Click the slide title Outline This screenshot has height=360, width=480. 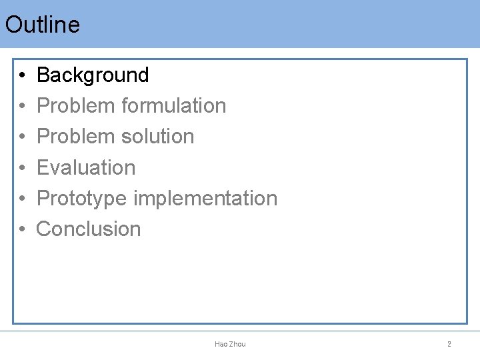(x=42, y=25)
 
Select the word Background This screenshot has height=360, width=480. (x=93, y=75)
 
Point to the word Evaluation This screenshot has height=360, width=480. (x=86, y=167)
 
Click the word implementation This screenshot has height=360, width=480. (x=205, y=198)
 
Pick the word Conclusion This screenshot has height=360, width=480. (x=89, y=229)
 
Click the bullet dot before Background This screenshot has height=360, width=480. (x=22, y=75)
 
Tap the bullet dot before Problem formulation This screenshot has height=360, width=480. (x=22, y=106)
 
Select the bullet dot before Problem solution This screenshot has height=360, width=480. (x=22, y=137)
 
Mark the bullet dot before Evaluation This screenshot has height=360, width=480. (x=22, y=168)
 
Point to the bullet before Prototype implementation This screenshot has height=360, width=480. (x=22, y=199)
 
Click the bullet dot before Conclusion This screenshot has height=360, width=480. (x=22, y=229)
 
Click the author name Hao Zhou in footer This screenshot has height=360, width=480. (x=230, y=344)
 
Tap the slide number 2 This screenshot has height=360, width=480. (x=449, y=344)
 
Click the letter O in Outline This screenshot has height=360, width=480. (x=13, y=25)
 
